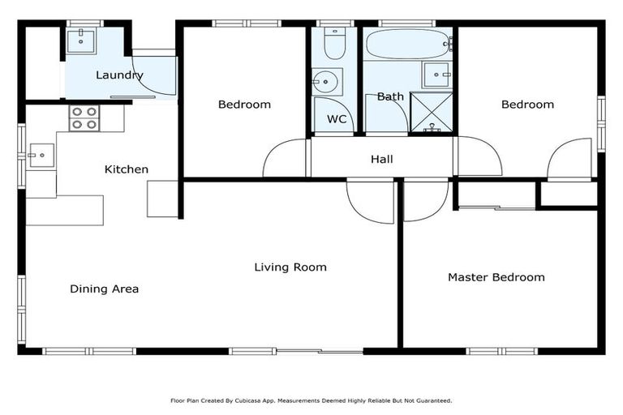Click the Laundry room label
pyautogui.click(x=119, y=75)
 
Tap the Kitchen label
pyautogui.click(x=127, y=169)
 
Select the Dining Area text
pyautogui.click(x=104, y=289)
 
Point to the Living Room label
pyautogui.click(x=290, y=267)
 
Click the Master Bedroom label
pyautogui.click(x=496, y=277)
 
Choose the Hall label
pyautogui.click(x=382, y=159)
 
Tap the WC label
pyautogui.click(x=337, y=119)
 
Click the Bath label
pyautogui.click(x=390, y=96)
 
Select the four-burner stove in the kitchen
pyautogui.click(x=84, y=118)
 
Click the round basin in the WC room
pyautogui.click(x=327, y=81)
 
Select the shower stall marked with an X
pyautogui.click(x=432, y=112)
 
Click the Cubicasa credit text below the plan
pyautogui.click(x=311, y=400)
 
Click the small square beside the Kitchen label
pyautogui.click(x=161, y=199)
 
